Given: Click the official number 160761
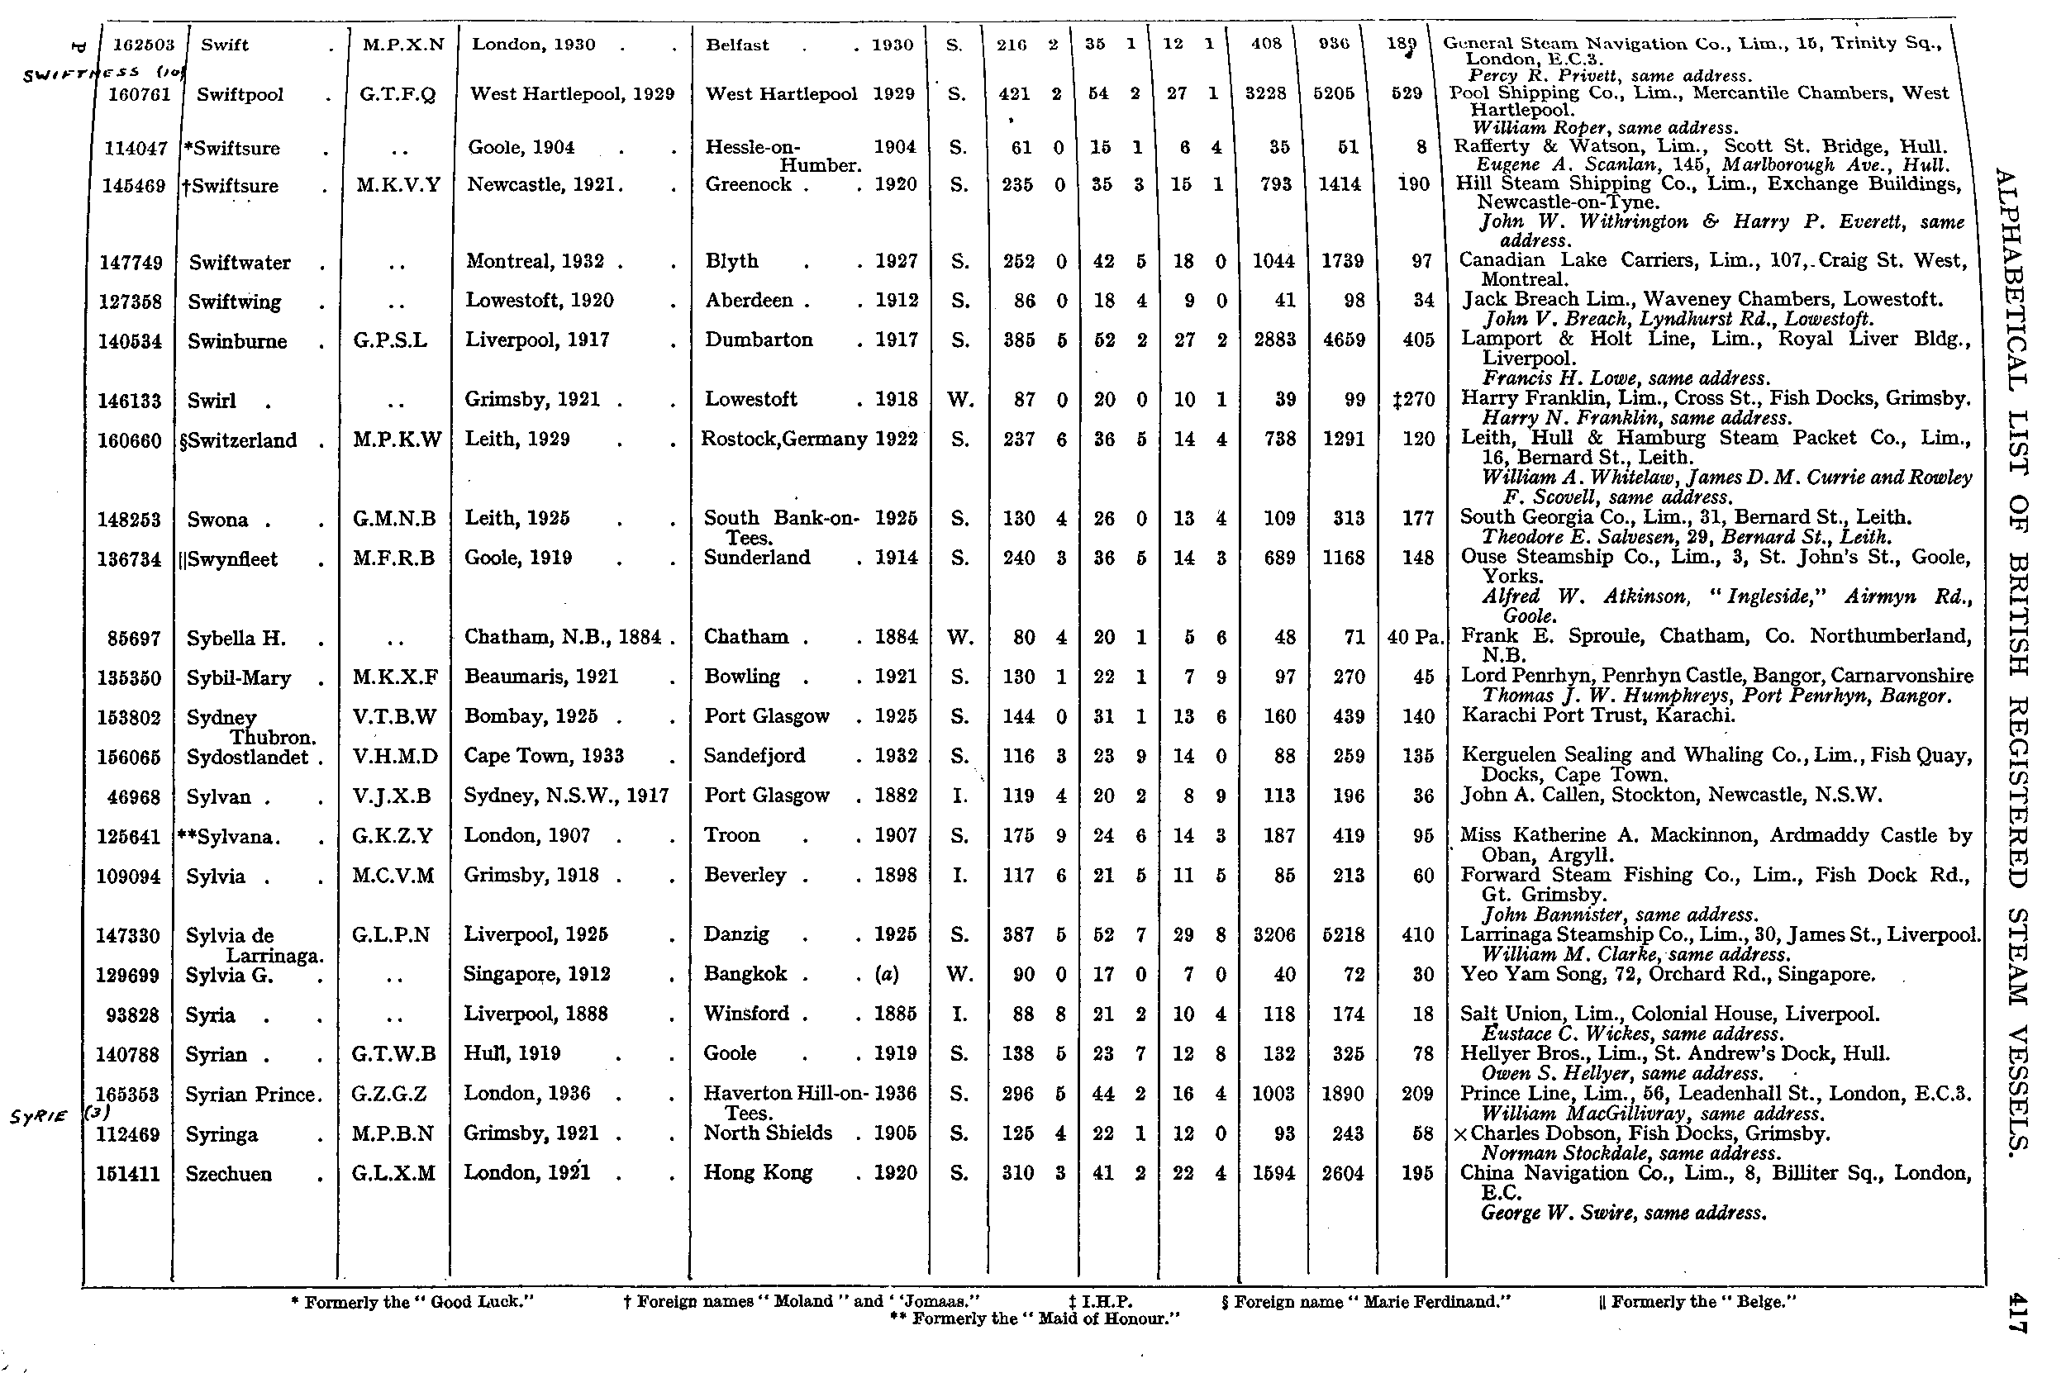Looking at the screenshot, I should [x=134, y=94].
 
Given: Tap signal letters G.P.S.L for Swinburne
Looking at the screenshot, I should [x=391, y=340].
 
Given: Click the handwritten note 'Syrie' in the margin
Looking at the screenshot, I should [x=40, y=1117].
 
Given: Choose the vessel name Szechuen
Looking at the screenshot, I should [x=229, y=1174].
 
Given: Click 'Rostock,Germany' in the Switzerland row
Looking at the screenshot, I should [x=783, y=439].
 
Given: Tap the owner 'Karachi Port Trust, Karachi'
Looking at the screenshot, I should [x=1598, y=715].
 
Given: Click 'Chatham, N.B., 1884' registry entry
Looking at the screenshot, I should [x=562, y=638].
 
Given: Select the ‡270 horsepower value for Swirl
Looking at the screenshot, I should [x=1413, y=400].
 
